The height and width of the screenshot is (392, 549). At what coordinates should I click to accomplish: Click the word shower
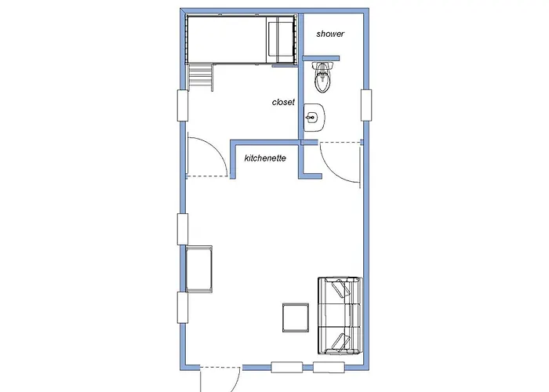tap(330, 34)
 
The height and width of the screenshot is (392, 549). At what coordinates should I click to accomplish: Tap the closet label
tap(283, 102)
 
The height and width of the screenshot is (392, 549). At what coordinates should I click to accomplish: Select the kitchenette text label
tap(264, 158)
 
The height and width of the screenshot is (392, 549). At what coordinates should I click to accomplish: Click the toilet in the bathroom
tap(322, 76)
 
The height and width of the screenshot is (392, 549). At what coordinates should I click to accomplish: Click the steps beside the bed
tap(201, 77)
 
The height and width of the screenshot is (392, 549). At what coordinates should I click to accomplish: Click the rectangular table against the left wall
tap(199, 268)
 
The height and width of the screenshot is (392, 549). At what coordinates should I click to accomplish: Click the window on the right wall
tap(365, 105)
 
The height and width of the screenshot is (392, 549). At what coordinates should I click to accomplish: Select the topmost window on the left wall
tap(183, 105)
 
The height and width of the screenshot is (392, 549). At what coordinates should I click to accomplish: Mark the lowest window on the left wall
tap(183, 308)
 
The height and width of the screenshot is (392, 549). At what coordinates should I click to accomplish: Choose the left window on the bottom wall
tap(286, 365)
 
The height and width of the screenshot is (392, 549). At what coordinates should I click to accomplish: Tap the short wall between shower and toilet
tap(320, 57)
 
